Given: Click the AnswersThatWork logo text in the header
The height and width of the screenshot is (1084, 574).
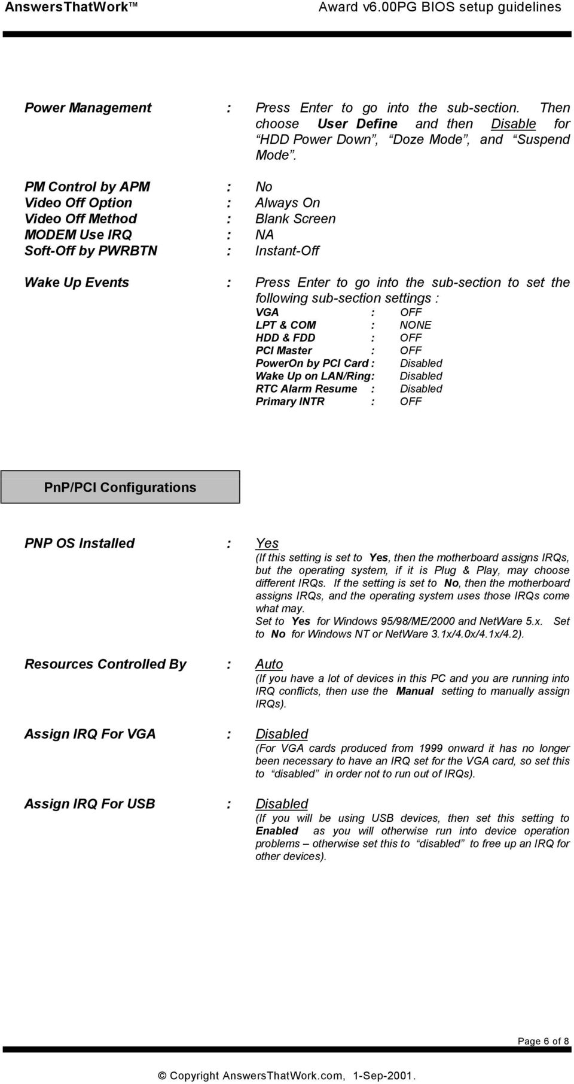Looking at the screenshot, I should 67,7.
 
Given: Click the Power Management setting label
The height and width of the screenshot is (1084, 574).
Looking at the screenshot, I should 88,108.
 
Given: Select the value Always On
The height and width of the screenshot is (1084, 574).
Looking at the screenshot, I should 288,203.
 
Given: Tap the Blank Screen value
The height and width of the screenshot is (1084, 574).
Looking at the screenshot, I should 295,219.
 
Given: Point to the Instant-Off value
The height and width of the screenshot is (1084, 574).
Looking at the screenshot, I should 287,251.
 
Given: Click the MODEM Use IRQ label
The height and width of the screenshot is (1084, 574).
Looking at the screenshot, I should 78,235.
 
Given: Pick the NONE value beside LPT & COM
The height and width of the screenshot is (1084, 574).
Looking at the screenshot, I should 416,325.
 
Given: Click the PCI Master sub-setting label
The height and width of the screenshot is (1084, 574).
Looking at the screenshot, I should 283,351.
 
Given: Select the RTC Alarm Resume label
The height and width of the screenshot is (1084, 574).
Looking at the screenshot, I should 306,389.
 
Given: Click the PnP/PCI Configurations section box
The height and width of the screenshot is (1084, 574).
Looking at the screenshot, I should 120,487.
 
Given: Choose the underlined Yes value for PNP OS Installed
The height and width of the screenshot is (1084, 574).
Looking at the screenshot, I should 267,543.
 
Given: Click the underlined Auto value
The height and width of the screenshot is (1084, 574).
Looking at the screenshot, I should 269,664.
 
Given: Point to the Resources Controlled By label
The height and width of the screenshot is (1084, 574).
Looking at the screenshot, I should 105,664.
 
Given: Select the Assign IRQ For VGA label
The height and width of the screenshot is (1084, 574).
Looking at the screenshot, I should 90,734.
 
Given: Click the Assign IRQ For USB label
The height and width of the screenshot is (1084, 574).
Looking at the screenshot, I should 90,804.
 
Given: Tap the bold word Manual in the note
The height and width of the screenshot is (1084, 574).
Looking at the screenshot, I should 415,691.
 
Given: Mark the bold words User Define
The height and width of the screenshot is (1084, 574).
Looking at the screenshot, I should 358,124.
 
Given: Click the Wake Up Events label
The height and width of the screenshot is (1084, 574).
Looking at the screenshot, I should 77,283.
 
